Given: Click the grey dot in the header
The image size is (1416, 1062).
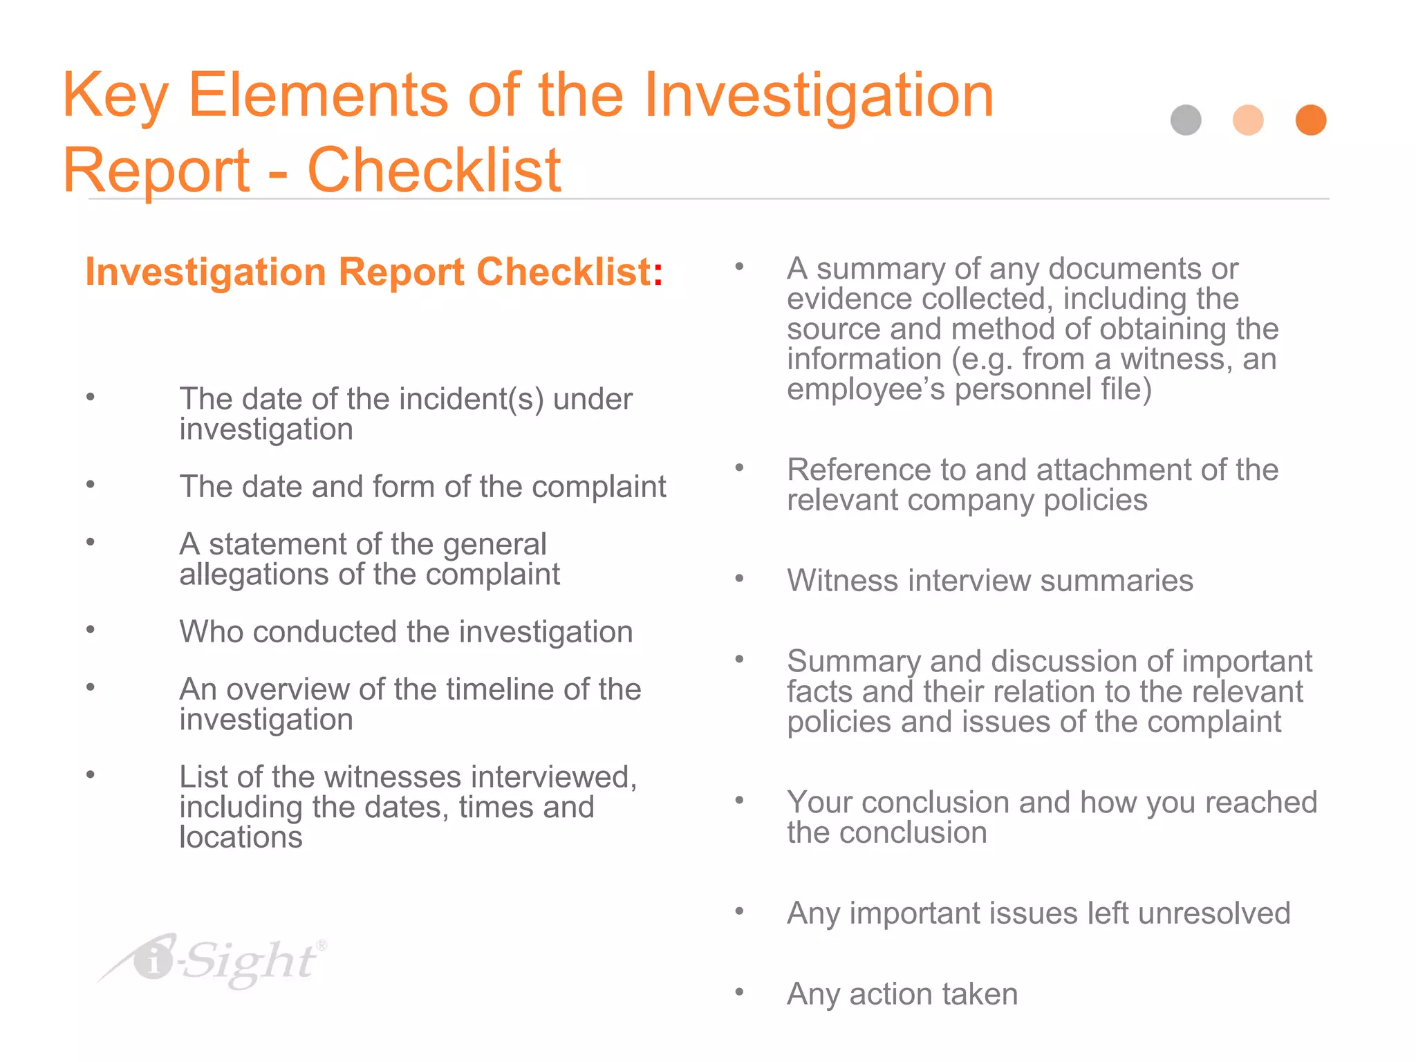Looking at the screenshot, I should click(x=1186, y=120).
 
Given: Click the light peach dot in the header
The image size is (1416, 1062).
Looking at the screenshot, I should click(x=1248, y=120).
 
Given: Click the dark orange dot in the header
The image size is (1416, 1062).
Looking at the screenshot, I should click(x=1311, y=120).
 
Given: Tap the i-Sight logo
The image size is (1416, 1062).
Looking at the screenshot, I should click(x=214, y=961).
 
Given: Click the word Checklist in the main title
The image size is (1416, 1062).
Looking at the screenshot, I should click(x=434, y=170).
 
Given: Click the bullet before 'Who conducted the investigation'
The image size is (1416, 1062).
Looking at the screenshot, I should click(x=91, y=629).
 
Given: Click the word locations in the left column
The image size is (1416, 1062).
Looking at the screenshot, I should click(x=241, y=837).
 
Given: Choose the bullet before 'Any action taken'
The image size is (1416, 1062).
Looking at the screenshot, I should click(x=739, y=992).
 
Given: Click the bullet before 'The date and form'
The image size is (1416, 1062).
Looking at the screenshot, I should click(x=91, y=484).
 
